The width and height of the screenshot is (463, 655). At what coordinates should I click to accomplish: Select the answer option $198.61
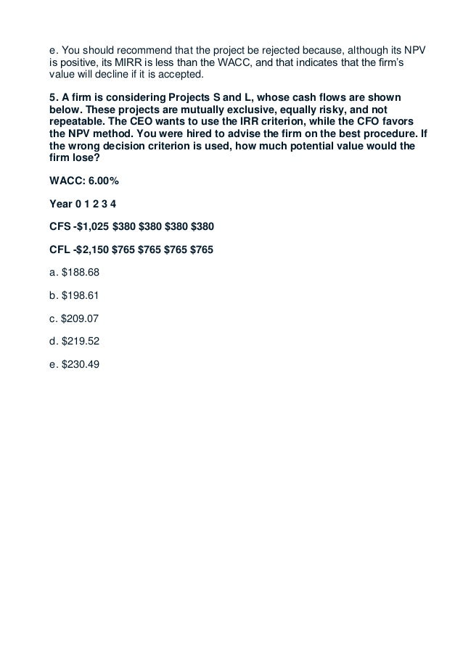click(74, 297)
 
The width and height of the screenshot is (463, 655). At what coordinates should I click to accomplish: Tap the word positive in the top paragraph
click(70, 65)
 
